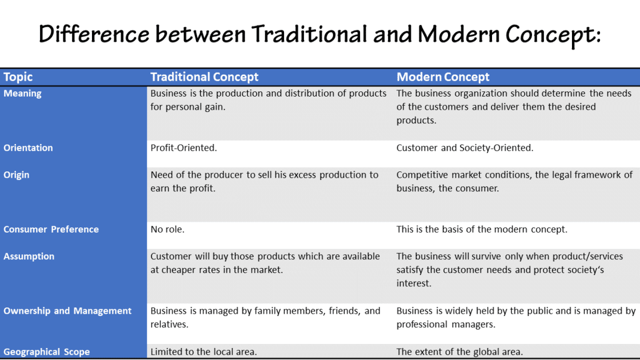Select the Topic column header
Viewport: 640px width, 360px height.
click(18, 77)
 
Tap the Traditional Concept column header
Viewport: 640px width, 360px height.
click(204, 77)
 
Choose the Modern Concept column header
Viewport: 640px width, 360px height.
click(443, 77)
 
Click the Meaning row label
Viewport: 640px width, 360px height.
click(22, 93)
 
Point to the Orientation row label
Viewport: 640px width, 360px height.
click(28, 147)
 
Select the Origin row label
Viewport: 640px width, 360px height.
click(16, 175)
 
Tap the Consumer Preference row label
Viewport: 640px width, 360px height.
click(51, 229)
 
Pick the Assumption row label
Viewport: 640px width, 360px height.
click(29, 257)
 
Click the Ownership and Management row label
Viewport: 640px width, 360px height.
click(67, 311)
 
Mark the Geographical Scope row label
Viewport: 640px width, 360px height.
click(46, 352)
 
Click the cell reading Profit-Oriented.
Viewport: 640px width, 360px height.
click(183, 147)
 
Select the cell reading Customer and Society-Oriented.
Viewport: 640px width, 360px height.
click(465, 147)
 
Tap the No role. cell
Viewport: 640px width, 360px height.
click(167, 229)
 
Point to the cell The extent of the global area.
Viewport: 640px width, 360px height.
click(459, 352)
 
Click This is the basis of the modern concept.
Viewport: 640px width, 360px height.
click(482, 229)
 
